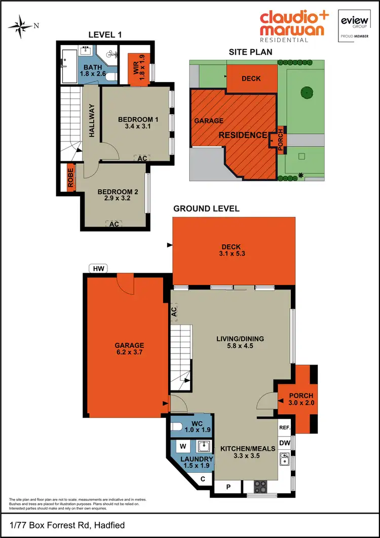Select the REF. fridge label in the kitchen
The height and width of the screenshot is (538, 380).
[285, 427]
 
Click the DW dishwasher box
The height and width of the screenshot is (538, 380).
[285, 443]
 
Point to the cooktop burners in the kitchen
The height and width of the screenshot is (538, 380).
[260, 486]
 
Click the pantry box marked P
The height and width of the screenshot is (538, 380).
[229, 487]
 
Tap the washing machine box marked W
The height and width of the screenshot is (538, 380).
[182, 447]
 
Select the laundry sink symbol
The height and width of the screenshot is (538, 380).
[204, 446]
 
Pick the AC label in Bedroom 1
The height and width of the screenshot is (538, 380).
[142, 158]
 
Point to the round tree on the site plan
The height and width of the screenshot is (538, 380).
[306, 92]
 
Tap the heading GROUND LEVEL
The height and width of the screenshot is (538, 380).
[206, 208]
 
